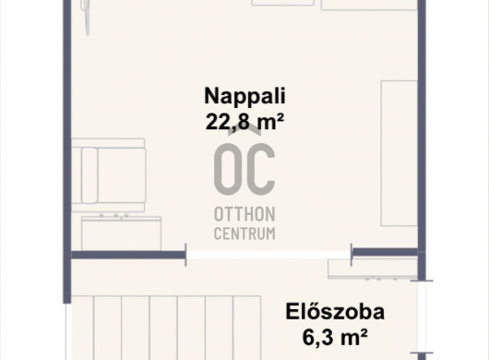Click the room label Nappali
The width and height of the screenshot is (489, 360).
coord(244,96)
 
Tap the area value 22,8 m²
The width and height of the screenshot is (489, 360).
coord(244,121)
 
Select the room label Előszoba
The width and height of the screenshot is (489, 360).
coord(335,311)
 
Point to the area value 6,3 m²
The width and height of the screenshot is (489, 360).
coord(335,337)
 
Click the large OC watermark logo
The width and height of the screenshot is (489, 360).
coord(244,168)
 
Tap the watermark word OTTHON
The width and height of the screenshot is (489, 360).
coord(244,214)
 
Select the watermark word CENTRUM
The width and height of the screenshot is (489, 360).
coord(244,234)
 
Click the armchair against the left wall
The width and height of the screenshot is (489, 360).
coord(109,175)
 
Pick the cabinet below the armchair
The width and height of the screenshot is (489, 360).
coord(121,233)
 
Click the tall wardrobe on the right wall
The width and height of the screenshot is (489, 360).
coord(400,153)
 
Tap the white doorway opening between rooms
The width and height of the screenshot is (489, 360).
coord(268,255)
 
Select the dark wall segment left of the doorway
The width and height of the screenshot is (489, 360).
coord(129,255)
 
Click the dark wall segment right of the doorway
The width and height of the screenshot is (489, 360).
coord(385,252)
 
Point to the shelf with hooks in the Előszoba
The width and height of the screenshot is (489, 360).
coord(373,269)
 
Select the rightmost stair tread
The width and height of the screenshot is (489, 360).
coord(247,328)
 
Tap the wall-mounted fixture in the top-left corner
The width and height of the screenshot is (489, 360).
coord(86,18)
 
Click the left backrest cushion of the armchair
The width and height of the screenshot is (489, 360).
coord(89,175)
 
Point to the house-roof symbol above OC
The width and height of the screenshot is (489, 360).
coord(244,131)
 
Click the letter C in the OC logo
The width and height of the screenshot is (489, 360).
coord(260,169)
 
